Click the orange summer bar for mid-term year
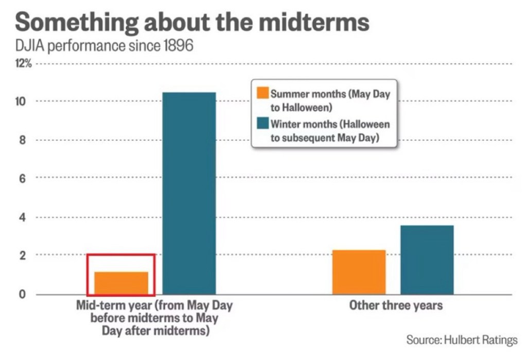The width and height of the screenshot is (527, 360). [121, 283]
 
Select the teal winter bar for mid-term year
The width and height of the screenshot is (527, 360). [189, 194]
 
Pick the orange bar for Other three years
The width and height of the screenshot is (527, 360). [359, 272]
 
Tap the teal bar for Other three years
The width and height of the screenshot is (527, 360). [427, 260]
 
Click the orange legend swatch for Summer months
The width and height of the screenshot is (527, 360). [263, 93]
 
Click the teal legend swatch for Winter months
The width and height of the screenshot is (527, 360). [263, 123]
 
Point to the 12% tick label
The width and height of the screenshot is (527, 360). [23, 63]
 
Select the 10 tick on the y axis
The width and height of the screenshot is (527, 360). [20, 101]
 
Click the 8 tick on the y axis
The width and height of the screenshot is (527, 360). [22, 140]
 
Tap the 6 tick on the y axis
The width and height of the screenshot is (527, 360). [22, 178]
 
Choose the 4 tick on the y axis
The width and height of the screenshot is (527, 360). [22, 217]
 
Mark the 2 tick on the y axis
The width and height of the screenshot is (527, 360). [22, 255]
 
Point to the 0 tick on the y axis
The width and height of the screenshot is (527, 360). [22, 295]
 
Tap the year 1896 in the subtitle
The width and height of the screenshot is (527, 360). [178, 45]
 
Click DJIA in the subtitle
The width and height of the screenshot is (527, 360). [29, 45]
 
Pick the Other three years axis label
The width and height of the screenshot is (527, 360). [396, 306]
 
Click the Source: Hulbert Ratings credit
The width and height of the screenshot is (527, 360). [462, 340]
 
